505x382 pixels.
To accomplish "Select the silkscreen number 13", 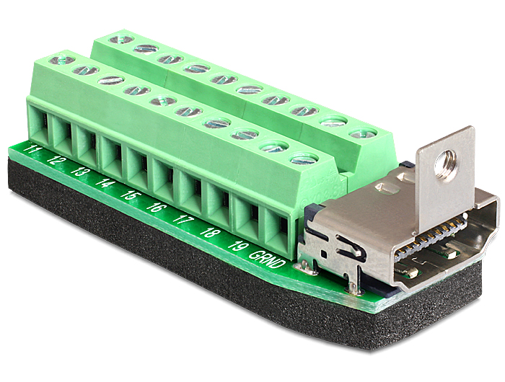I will [x=80, y=170].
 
